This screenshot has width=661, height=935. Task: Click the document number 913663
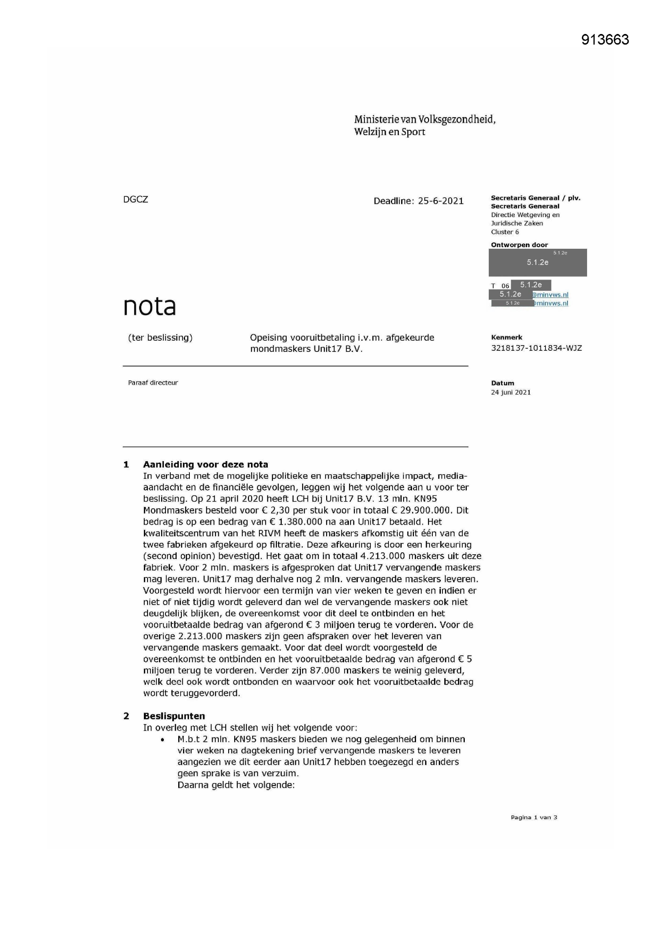pos(605,40)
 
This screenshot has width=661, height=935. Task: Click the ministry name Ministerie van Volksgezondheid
pos(424,119)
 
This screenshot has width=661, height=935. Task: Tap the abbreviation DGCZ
pos(135,200)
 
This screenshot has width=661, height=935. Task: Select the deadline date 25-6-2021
pos(441,201)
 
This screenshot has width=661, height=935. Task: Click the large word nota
pos(149,306)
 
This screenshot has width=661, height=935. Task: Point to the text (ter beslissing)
pos(160,338)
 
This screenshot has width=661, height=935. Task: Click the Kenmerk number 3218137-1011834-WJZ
pos(536,348)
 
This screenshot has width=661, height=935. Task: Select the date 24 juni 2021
pos(510,392)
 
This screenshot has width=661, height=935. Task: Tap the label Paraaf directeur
pos(153,383)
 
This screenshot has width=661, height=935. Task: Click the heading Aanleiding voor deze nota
pos(205,465)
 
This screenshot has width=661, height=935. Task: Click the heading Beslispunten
pos(174,716)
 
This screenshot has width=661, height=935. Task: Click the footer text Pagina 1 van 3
pos(534,817)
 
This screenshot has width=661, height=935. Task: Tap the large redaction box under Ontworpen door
pos(537,263)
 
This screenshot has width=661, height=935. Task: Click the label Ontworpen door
pos(519,245)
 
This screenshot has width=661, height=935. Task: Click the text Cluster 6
pos(505,232)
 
